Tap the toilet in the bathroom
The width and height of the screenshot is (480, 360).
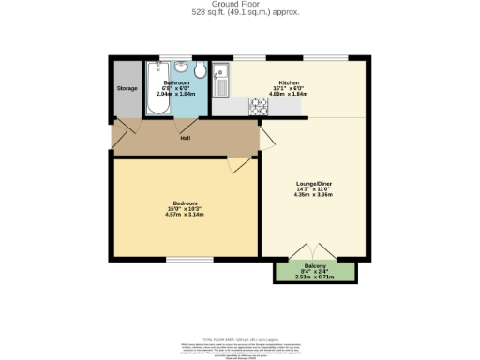coord(200,73)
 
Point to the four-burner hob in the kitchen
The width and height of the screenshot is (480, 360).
coord(258,108)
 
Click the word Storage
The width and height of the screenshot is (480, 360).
coord(127,88)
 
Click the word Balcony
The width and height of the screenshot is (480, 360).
coord(314,267)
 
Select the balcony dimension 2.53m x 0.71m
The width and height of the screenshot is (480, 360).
coord(314,277)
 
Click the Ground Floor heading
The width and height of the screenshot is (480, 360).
coord(240,5)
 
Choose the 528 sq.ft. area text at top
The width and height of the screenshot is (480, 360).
coord(240,13)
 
